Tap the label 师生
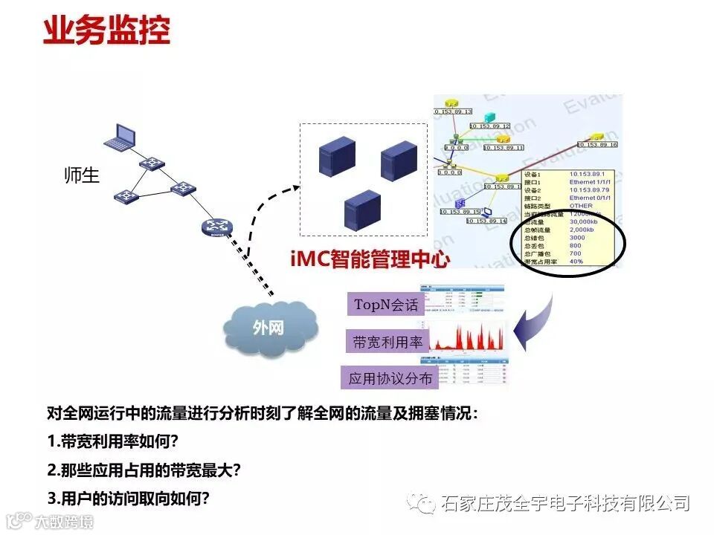point(82,177)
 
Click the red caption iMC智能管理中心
point(370,259)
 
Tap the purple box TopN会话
point(385,305)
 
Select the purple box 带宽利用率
point(387,342)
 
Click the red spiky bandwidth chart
point(469,337)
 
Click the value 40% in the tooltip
point(576,262)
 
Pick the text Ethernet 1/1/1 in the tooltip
point(591,181)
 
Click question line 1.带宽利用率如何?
point(112,441)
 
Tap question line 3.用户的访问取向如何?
point(128,497)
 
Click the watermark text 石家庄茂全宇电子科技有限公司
point(565,504)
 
